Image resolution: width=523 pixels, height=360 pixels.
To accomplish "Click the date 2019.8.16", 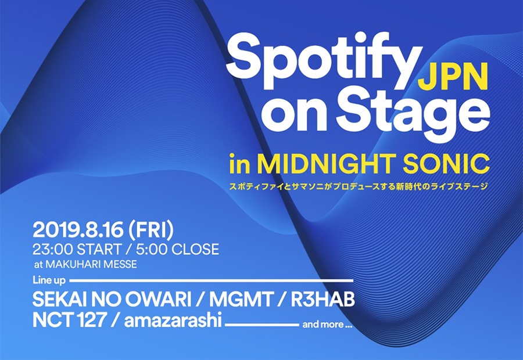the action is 78,231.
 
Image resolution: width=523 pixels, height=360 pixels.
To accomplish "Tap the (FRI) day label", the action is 151,231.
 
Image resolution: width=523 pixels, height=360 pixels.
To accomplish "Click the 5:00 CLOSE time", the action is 177,249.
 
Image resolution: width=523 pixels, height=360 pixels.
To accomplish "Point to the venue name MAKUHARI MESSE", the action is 91,265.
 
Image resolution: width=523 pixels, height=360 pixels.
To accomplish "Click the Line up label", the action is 49,280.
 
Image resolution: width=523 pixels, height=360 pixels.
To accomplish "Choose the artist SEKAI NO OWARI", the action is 112,300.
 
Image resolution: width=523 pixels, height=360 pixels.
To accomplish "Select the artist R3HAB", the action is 323,300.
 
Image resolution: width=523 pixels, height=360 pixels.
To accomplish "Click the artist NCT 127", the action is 69,321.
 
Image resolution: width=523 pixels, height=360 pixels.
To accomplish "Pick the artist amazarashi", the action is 173,321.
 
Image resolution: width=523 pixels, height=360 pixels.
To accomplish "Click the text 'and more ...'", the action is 327,325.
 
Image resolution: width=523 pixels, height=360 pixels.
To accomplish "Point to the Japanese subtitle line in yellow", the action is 359,186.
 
